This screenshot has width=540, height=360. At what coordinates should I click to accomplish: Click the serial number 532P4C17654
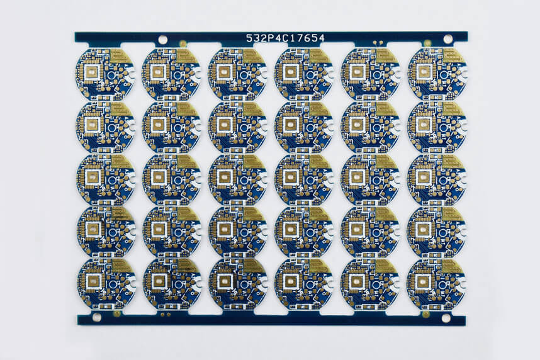click(x=285, y=38)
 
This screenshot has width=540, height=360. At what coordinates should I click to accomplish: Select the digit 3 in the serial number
click(x=257, y=38)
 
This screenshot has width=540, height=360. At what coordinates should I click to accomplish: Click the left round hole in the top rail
click(x=162, y=40)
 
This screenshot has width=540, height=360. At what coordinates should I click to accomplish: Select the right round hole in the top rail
click(x=447, y=39)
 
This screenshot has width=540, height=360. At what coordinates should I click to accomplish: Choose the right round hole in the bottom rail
click(x=446, y=318)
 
